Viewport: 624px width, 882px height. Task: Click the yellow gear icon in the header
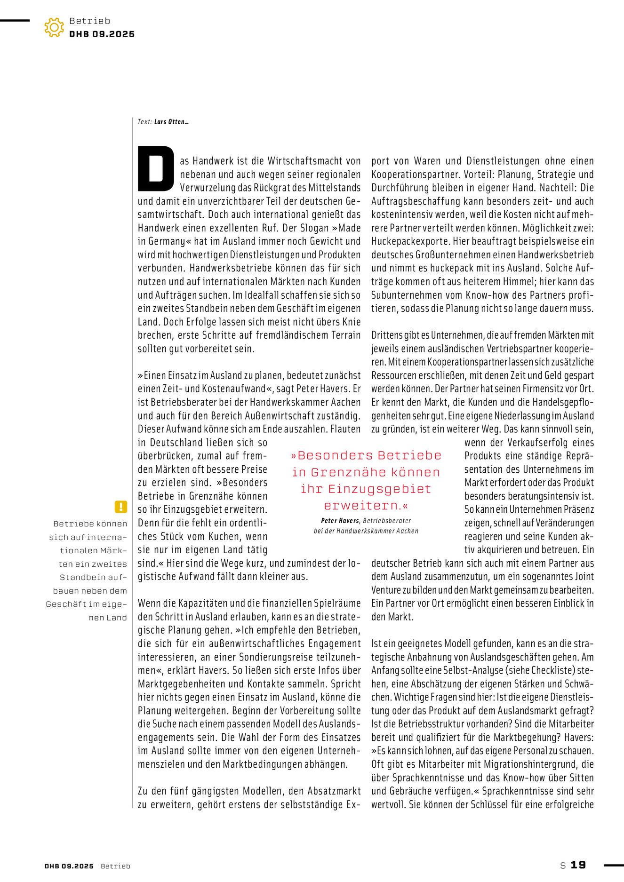click(54, 27)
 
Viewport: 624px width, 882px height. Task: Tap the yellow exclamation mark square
click(121, 507)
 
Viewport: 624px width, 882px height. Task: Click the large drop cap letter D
click(156, 168)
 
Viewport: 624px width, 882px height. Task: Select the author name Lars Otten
click(170, 122)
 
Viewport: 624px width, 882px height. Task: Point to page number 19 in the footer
click(578, 865)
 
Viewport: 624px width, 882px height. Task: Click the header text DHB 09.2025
click(102, 34)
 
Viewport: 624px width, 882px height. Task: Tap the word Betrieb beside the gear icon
click(89, 21)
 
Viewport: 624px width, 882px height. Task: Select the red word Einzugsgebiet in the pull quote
click(379, 489)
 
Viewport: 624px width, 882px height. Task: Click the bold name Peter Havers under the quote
click(340, 521)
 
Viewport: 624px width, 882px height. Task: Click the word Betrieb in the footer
click(115, 866)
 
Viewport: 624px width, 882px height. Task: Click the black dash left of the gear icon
click(15, 20)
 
